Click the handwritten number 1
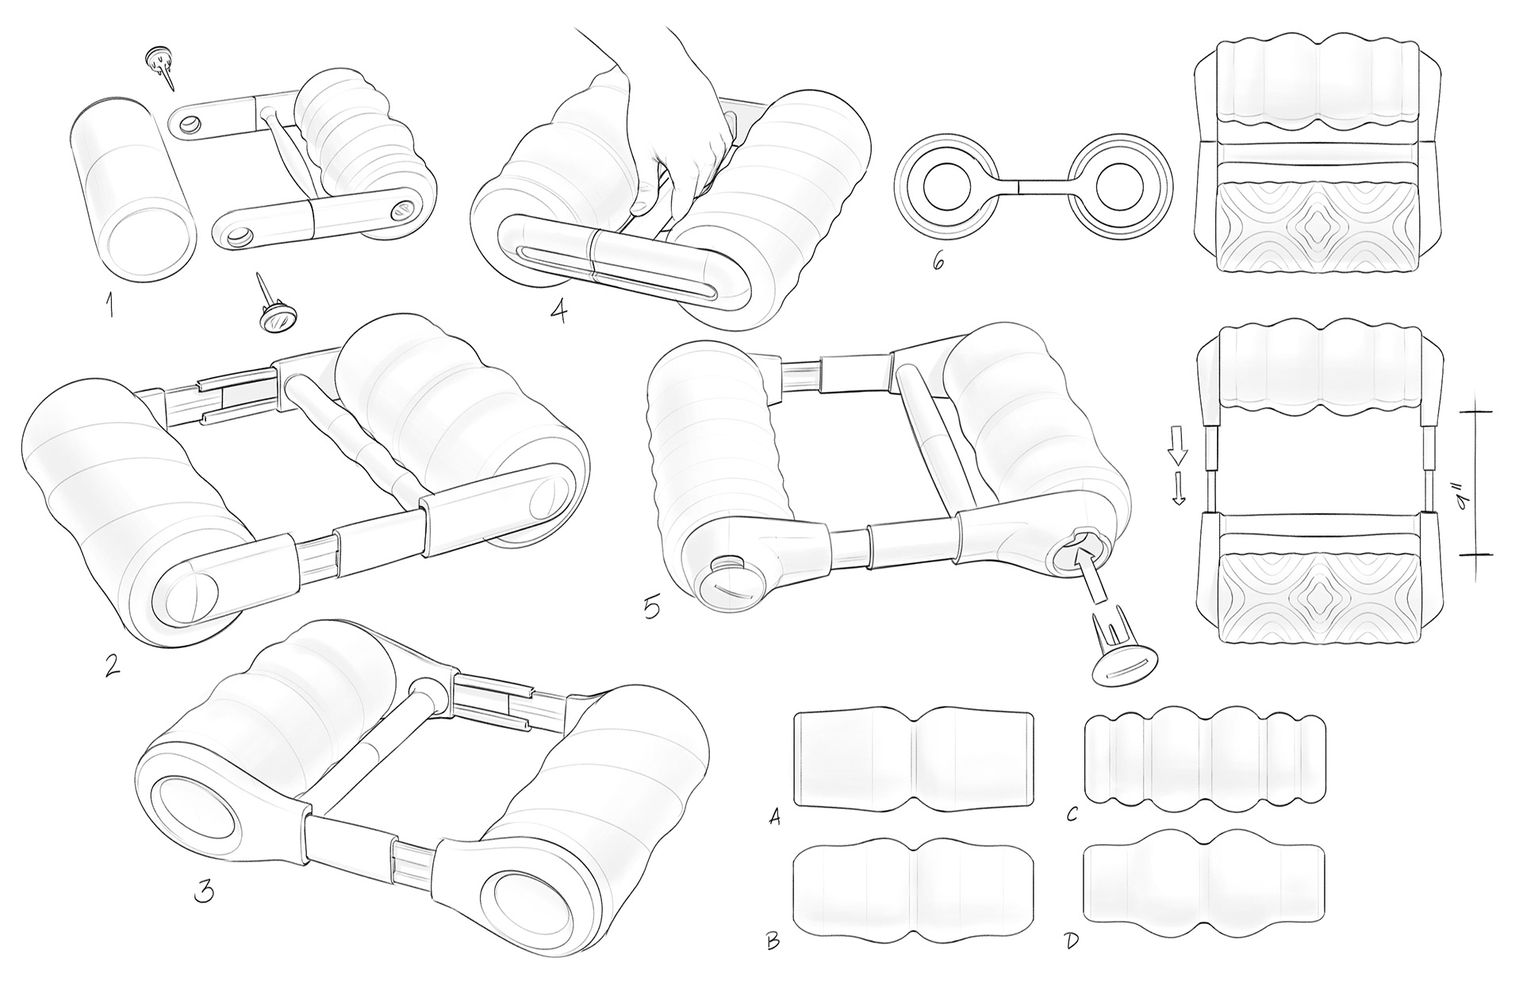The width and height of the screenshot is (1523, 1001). pos(109,305)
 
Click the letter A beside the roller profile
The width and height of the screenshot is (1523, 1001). pos(775,816)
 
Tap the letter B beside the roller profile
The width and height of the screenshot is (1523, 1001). pos(773,941)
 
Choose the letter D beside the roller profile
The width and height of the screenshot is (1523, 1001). pos(1071,941)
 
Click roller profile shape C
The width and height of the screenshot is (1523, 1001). pos(1204,764)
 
